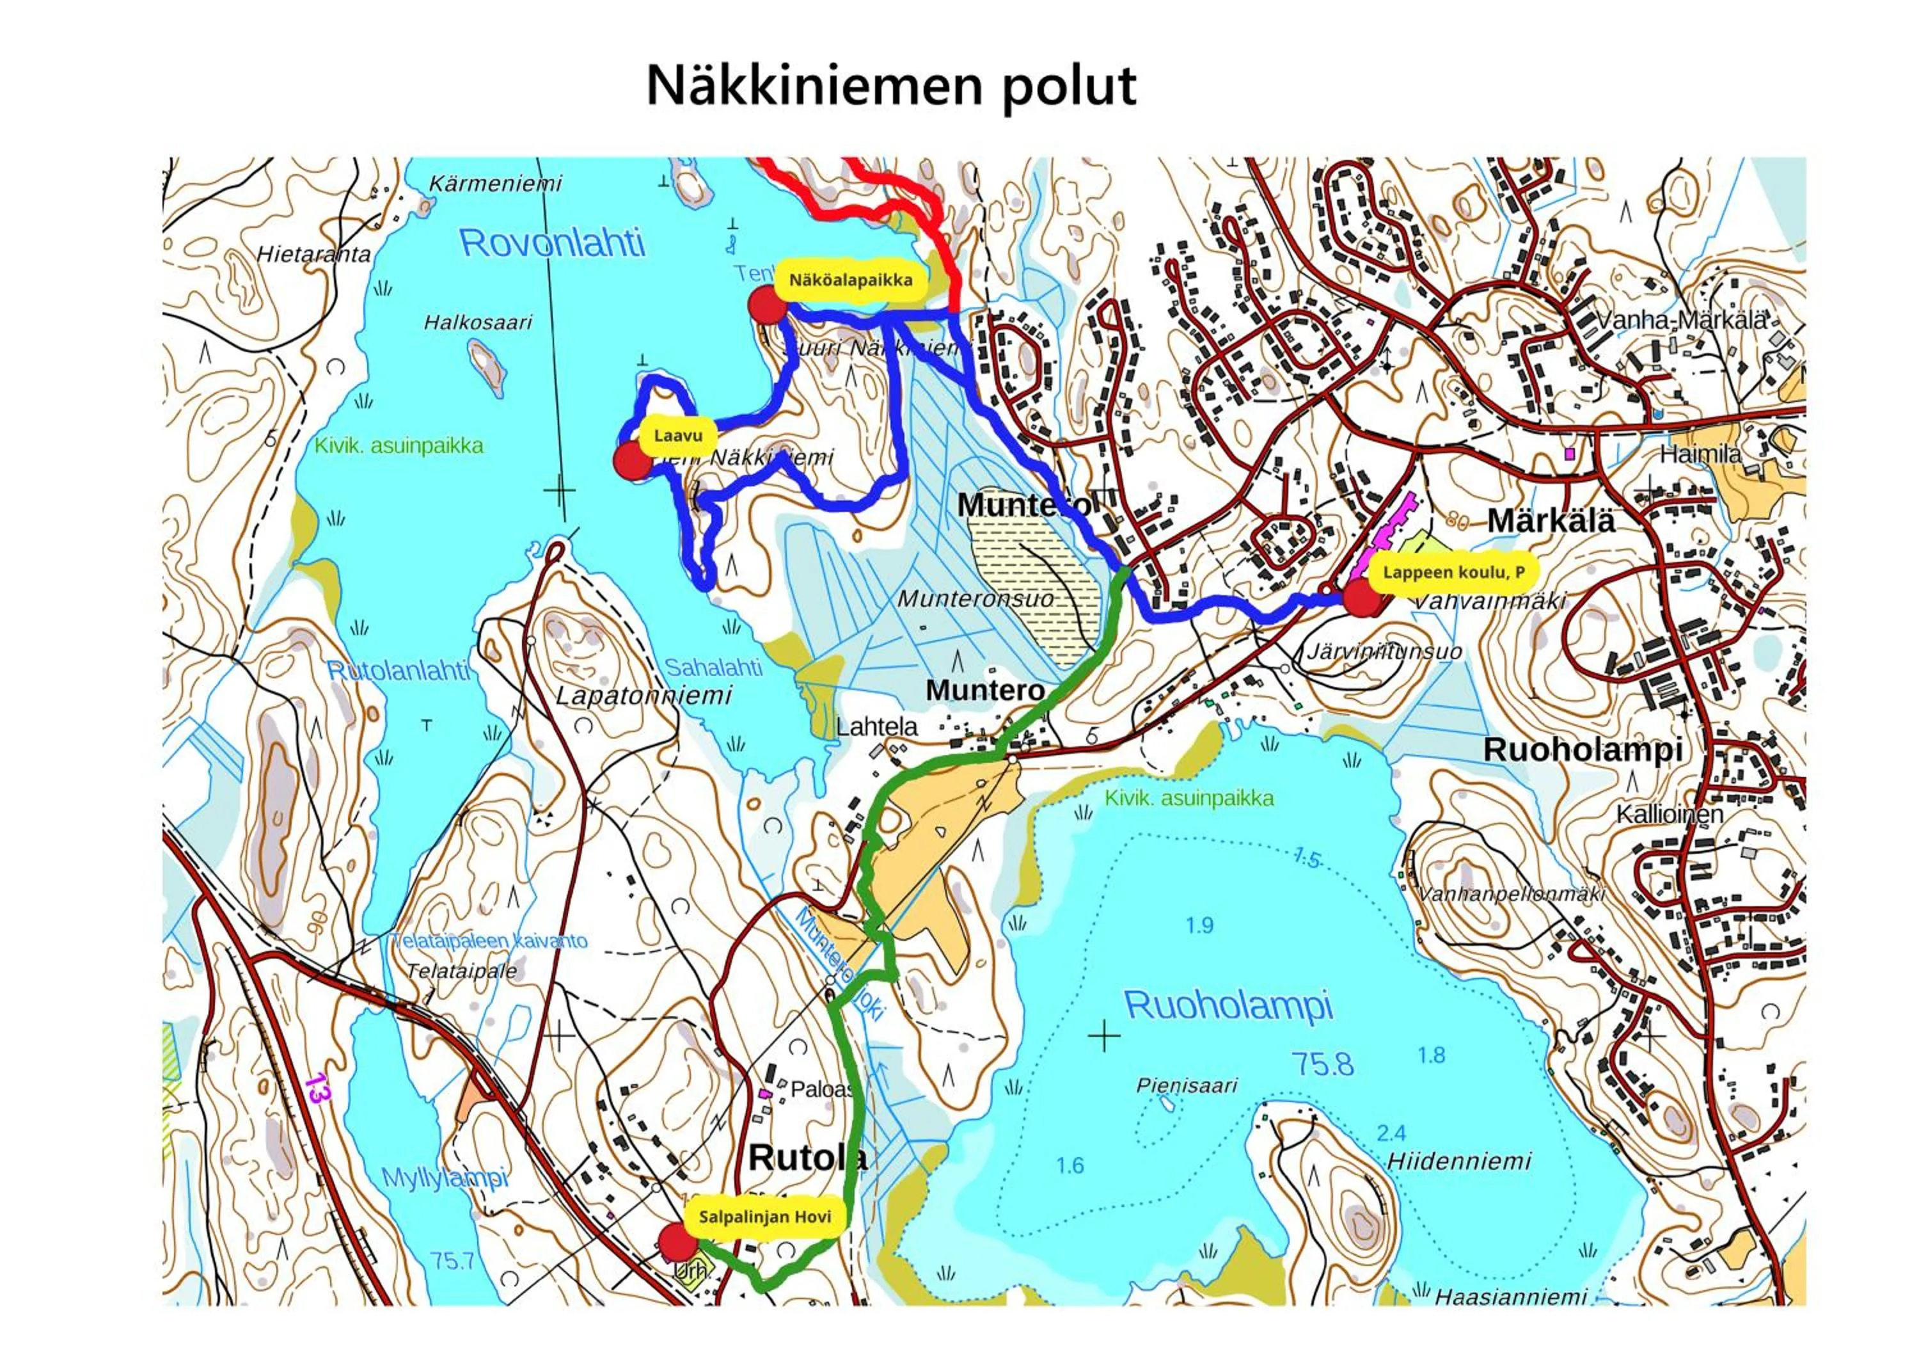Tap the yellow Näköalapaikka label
850,280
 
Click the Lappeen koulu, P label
1453,573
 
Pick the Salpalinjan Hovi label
765,1217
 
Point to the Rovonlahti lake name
553,243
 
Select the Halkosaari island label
477,322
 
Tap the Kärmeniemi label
496,183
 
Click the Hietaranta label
313,254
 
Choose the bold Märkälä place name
1551,520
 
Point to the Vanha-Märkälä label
1682,319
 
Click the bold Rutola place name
807,1158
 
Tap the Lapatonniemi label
644,696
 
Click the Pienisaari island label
1186,1085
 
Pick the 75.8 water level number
1322,1064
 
